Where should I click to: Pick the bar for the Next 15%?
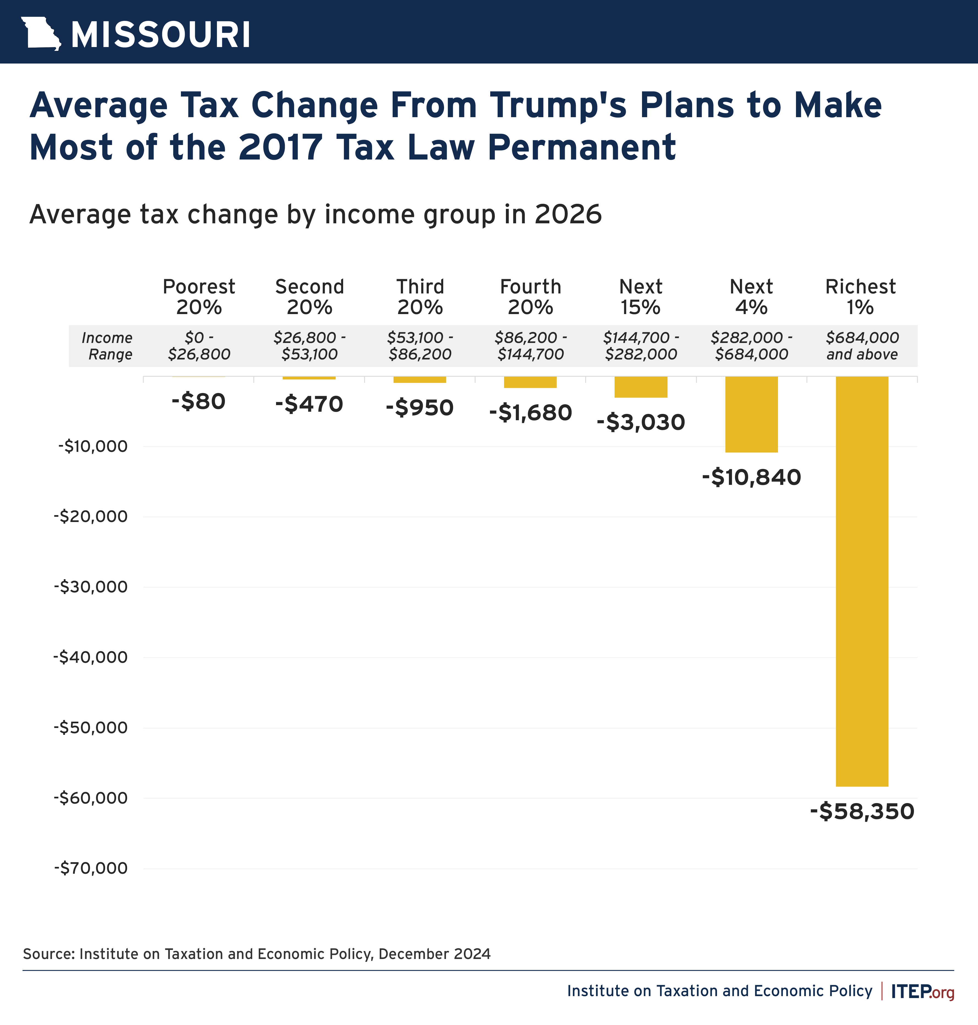pyautogui.click(x=641, y=387)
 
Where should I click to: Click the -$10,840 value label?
pyautogui.click(x=751, y=477)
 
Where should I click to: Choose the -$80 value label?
pyautogui.click(x=199, y=402)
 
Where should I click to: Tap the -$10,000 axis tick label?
pyautogui.click(x=93, y=446)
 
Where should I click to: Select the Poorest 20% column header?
pyautogui.click(x=199, y=297)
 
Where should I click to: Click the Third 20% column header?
pyautogui.click(x=420, y=297)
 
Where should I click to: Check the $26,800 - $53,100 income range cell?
pyautogui.click(x=310, y=346)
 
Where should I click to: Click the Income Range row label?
pyautogui.click(x=108, y=346)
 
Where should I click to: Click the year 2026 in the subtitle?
pyautogui.click(x=568, y=214)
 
